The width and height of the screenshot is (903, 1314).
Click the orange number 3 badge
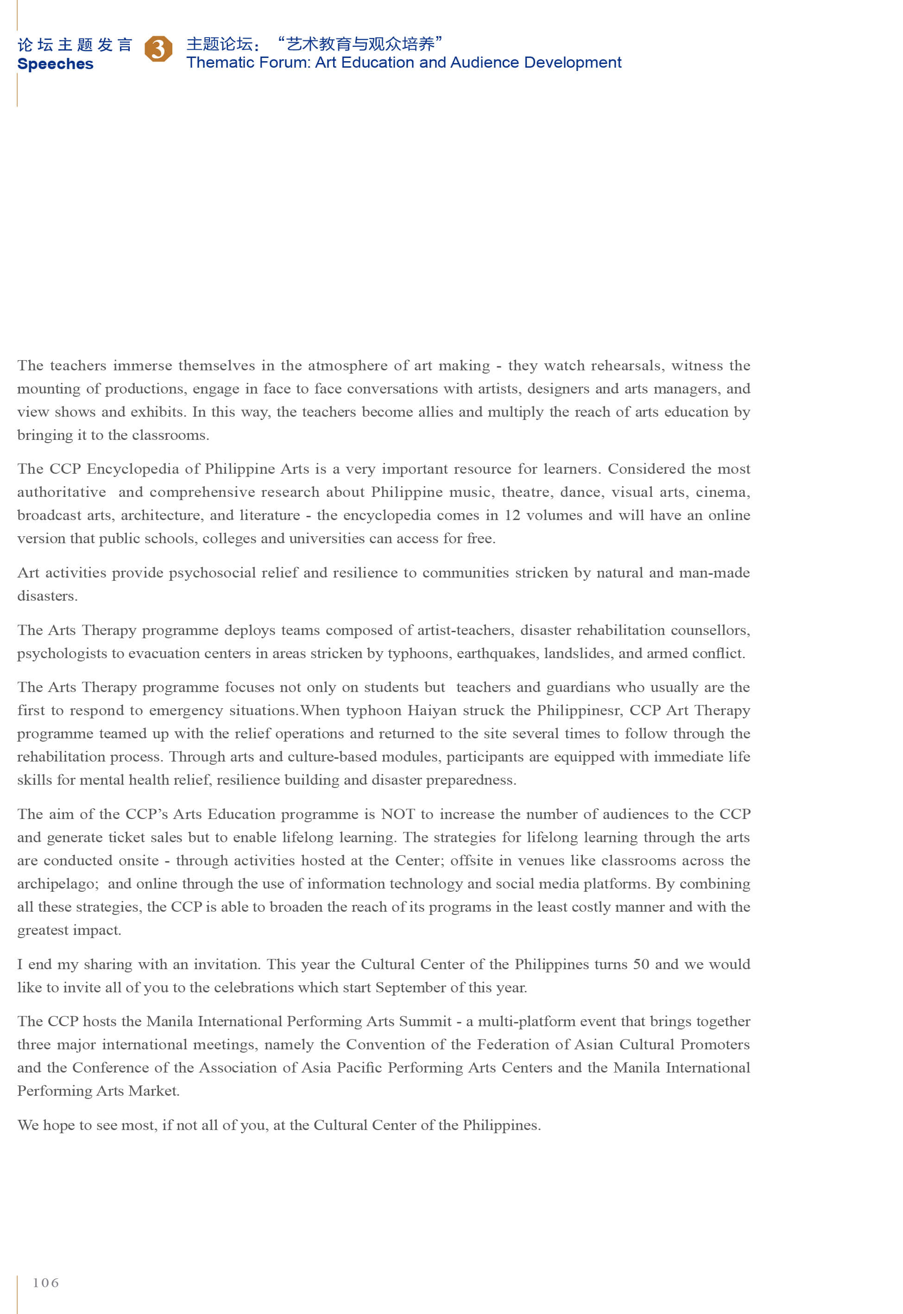tap(158, 49)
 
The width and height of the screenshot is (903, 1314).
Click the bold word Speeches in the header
tap(56, 64)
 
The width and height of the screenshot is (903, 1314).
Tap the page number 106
tap(45, 1282)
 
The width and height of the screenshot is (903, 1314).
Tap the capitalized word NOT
tap(398, 814)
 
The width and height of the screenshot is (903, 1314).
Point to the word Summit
tap(425, 1022)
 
